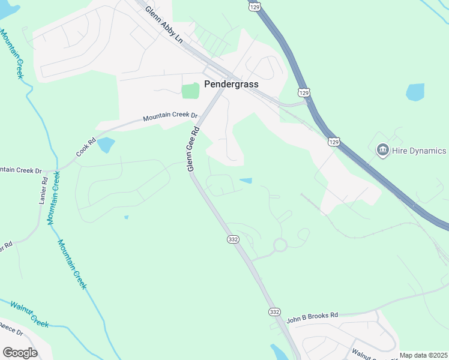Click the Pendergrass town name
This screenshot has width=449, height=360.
(231, 84)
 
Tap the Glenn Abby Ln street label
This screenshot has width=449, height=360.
(163, 24)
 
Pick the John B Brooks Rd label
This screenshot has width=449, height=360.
(312, 315)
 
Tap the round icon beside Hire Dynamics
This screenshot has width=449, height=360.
(382, 149)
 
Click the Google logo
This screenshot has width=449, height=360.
(20, 352)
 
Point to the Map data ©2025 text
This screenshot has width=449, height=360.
(423, 355)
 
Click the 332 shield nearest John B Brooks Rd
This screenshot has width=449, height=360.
(274, 312)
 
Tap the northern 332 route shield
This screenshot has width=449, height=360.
(234, 239)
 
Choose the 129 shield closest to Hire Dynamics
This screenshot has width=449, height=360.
(334, 141)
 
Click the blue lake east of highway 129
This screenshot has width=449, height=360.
(415, 92)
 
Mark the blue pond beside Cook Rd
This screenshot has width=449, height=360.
(106, 145)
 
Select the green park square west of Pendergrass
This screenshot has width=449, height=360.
(190, 91)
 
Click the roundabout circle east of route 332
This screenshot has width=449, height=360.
(280, 245)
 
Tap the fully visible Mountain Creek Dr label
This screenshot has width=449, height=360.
(170, 116)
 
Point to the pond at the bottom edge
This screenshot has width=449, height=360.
(279, 352)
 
